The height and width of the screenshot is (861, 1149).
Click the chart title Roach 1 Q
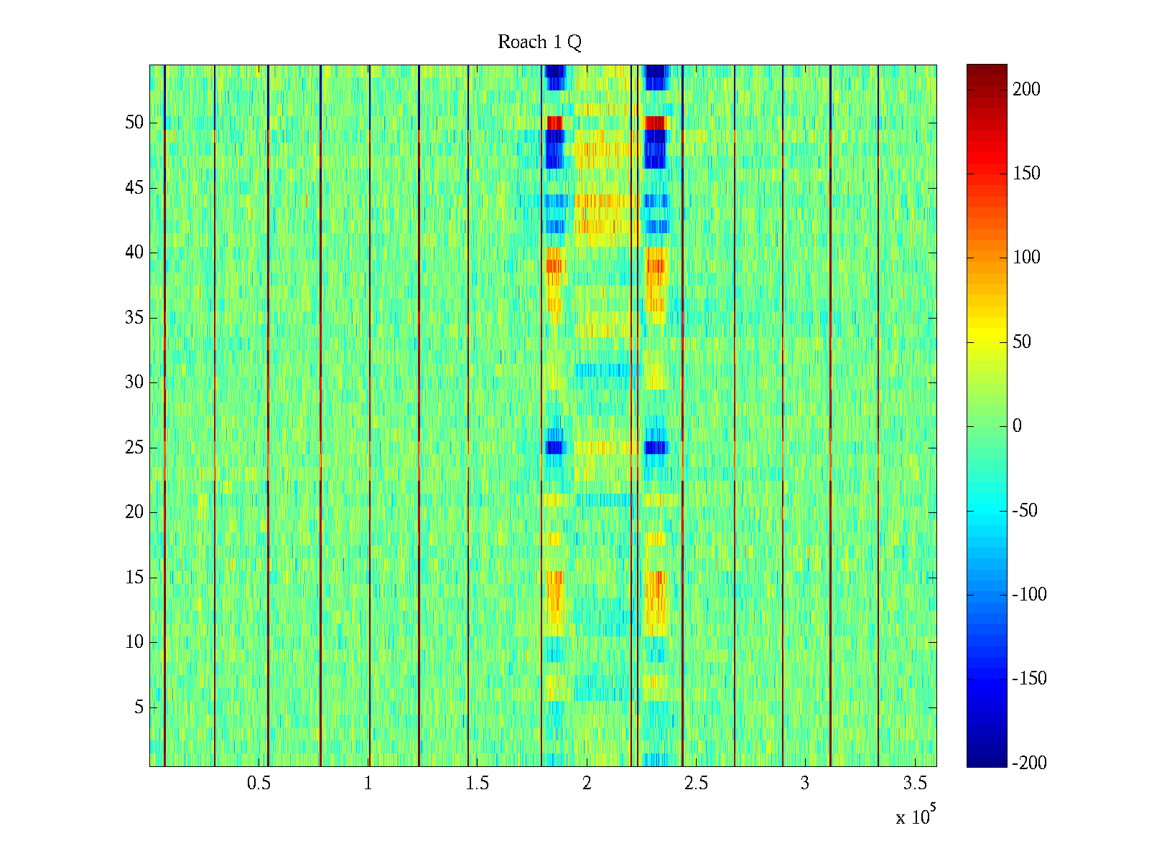pyautogui.click(x=539, y=42)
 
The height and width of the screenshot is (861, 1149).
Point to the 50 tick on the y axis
pyautogui.click(x=134, y=123)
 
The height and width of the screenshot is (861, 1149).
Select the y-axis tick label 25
pyautogui.click(x=134, y=448)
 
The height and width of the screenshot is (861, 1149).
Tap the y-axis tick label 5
pyautogui.click(x=139, y=707)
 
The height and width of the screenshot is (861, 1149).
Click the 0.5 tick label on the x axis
pyautogui.click(x=259, y=784)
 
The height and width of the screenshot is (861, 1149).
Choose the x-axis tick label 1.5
pyautogui.click(x=478, y=784)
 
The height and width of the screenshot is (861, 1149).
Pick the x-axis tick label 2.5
pyautogui.click(x=696, y=784)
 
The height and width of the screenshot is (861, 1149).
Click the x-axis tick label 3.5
pyautogui.click(x=914, y=784)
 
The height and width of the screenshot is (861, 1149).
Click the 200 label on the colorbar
pyautogui.click(x=1026, y=90)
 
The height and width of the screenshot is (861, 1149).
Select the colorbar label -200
pyautogui.click(x=1028, y=763)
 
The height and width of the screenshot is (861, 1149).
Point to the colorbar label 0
pyautogui.click(x=1017, y=426)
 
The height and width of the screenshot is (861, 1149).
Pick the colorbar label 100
pyautogui.click(x=1026, y=258)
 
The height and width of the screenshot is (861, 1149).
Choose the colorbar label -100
pyautogui.click(x=1028, y=595)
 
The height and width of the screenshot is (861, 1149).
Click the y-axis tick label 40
pyautogui.click(x=134, y=253)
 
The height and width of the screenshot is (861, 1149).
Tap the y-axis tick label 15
pyautogui.click(x=134, y=578)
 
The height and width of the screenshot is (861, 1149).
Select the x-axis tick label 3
pyautogui.click(x=805, y=784)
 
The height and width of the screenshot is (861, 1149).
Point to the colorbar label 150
pyautogui.click(x=1026, y=174)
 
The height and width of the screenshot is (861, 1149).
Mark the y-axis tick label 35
pyautogui.click(x=134, y=318)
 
